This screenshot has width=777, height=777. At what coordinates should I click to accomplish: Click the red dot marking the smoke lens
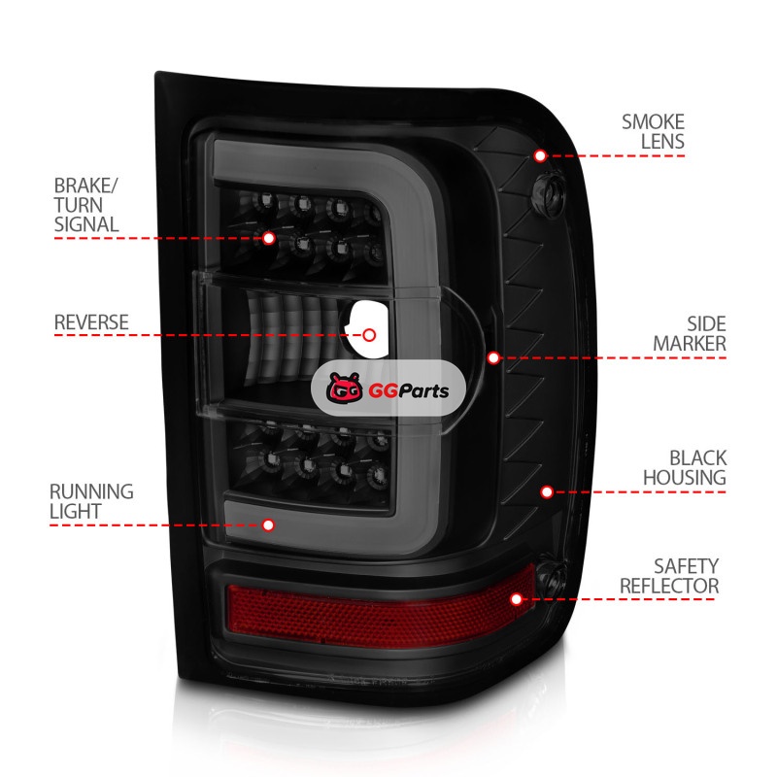(x=540, y=155)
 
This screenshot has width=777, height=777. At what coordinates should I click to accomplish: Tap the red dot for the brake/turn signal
(x=269, y=237)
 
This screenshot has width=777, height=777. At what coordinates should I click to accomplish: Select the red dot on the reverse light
(x=369, y=335)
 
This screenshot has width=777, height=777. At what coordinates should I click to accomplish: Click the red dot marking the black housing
(x=547, y=492)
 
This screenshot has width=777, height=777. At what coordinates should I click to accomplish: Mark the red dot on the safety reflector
(x=517, y=599)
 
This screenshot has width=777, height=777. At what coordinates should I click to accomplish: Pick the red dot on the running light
(x=269, y=525)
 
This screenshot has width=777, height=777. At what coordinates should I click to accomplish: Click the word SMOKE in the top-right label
(x=653, y=122)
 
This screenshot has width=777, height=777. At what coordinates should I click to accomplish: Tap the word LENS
(x=662, y=142)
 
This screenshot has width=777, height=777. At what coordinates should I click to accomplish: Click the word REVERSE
(x=91, y=321)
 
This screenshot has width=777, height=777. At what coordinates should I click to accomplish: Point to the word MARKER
(x=689, y=344)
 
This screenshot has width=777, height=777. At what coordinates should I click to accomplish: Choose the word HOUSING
(x=684, y=478)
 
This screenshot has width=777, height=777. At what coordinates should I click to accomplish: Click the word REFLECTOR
(x=669, y=586)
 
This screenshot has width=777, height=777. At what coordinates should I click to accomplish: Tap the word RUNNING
(x=93, y=491)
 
